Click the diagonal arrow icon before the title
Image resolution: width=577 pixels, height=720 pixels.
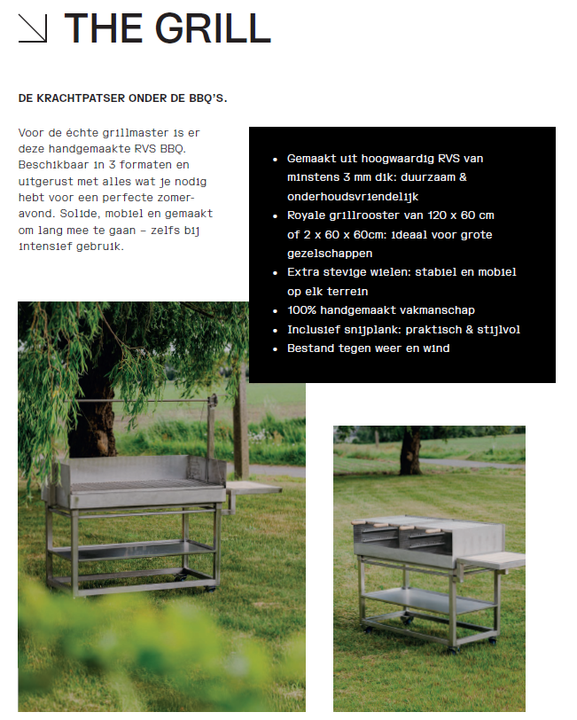point(33,28)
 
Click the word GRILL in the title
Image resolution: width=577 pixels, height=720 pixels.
point(213,28)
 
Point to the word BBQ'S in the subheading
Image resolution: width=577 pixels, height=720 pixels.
point(208,98)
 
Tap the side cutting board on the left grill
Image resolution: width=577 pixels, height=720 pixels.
point(253,487)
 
